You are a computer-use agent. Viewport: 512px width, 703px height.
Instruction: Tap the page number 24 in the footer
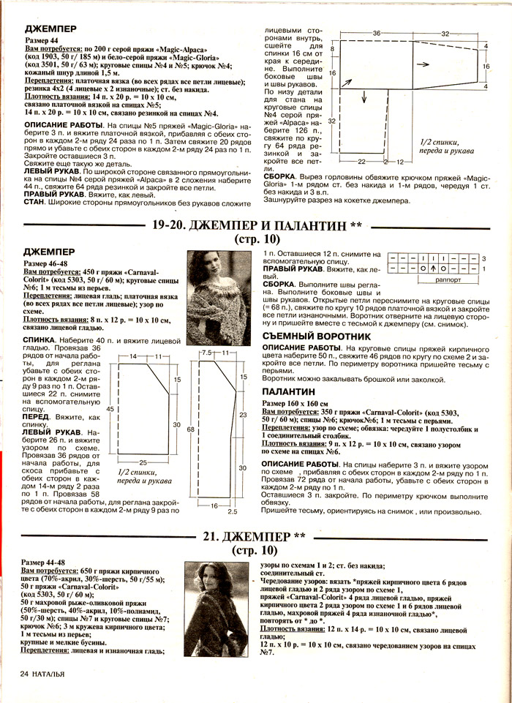[24, 672]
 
